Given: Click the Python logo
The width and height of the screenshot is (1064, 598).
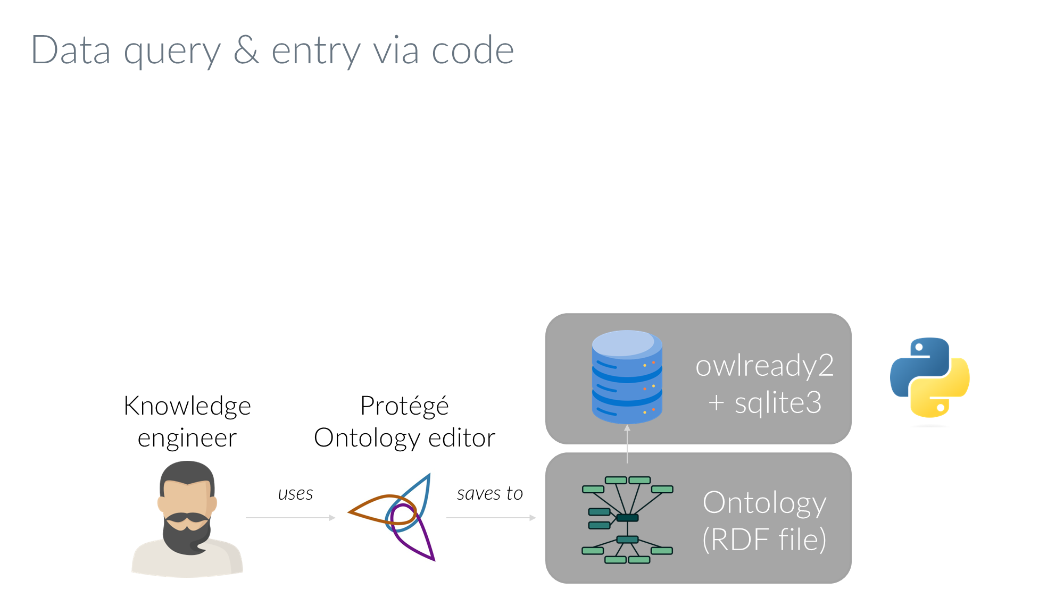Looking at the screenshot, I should click(x=929, y=377).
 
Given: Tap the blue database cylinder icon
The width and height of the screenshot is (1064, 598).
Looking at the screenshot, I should click(x=627, y=377).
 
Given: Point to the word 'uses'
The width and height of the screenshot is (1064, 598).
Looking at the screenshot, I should click(x=295, y=494).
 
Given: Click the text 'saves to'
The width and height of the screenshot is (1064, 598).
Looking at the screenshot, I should click(x=489, y=494).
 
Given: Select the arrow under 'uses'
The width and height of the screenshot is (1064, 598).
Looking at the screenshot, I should click(x=290, y=517).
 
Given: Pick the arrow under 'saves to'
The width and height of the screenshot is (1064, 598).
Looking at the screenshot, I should click(x=491, y=517).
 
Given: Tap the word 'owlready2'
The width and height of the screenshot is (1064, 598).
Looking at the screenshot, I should click(x=764, y=366).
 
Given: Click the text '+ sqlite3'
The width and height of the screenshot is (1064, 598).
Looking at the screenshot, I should click(x=764, y=403).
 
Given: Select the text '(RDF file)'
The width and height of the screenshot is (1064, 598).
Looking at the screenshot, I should click(x=764, y=540).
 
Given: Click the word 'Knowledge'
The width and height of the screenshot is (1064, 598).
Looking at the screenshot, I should click(x=187, y=406).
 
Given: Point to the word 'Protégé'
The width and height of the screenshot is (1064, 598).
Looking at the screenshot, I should click(x=404, y=406).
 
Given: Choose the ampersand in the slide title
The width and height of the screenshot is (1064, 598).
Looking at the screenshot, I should click(x=246, y=50).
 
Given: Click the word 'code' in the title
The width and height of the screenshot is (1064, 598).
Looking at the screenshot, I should click(x=472, y=50).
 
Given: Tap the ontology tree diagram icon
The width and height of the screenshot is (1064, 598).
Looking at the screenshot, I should click(x=627, y=519).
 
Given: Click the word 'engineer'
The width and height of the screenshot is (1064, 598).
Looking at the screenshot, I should click(x=187, y=439).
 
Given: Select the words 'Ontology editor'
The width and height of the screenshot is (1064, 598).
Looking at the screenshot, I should click(x=404, y=439).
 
